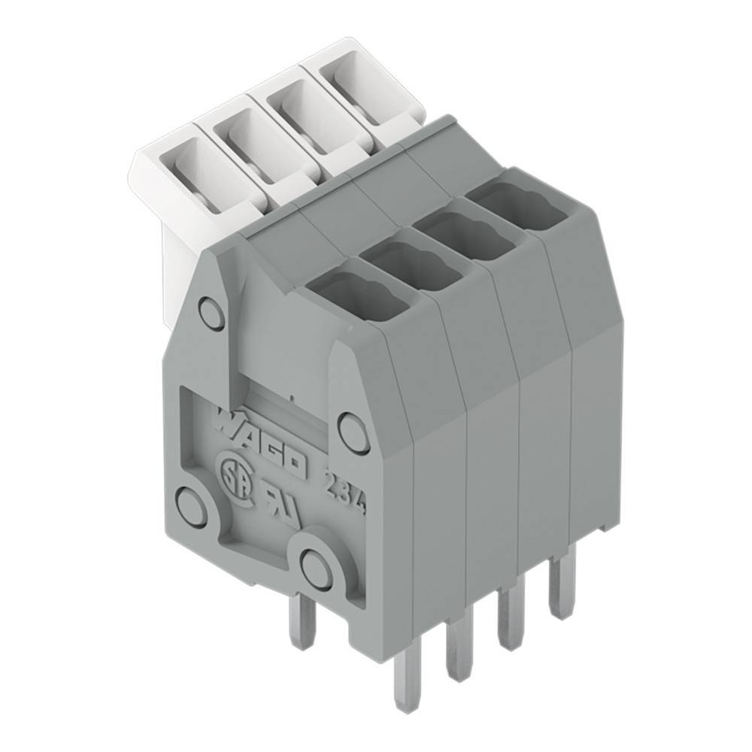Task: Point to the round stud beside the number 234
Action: [x=353, y=428]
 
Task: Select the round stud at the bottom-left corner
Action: [x=193, y=501]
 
